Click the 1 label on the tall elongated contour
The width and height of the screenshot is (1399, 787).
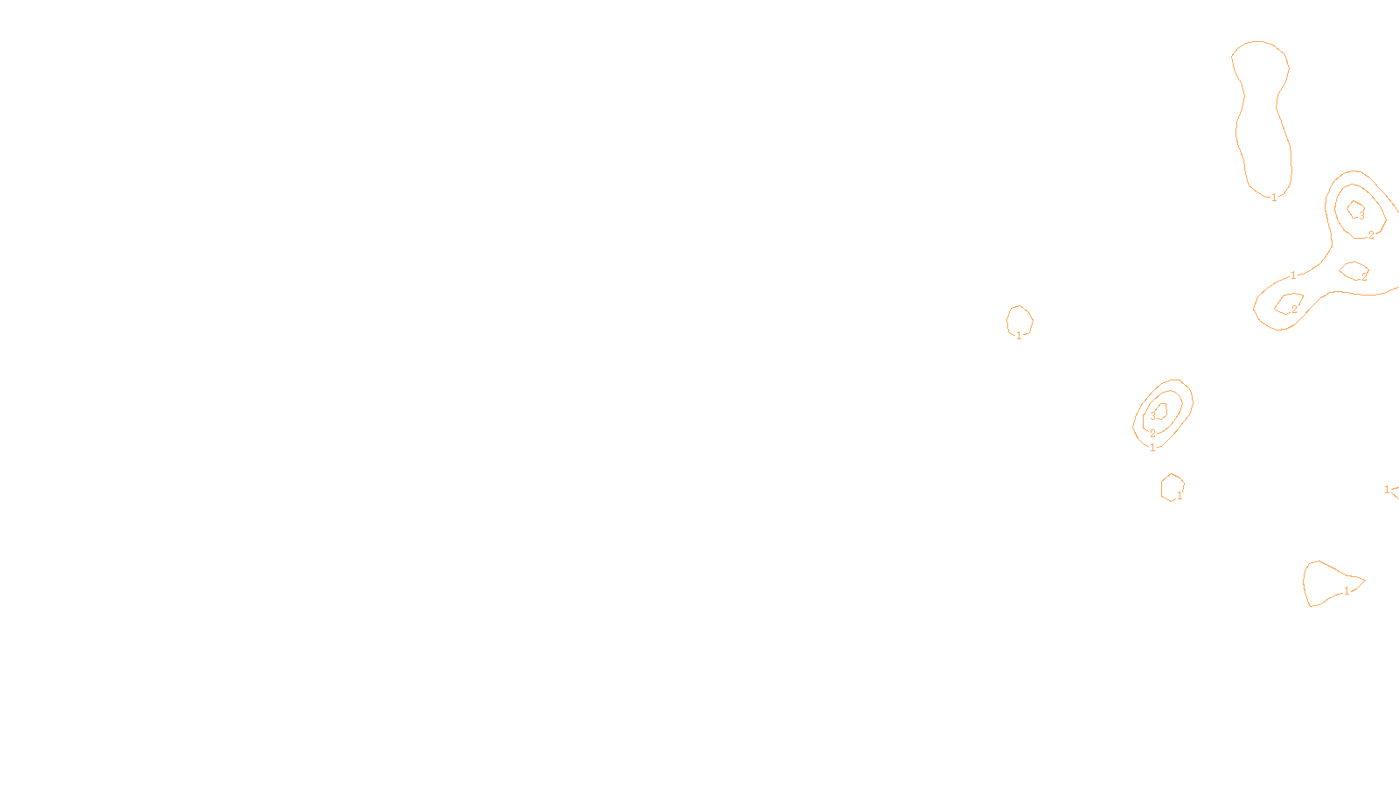pos(1274,198)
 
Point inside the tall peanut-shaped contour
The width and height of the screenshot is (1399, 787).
pos(1262,114)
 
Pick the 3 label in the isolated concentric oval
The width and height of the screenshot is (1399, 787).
pos(1152,416)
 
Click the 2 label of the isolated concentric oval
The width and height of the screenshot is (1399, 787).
pos(1152,434)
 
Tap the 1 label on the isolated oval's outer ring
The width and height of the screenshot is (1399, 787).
pos(1152,448)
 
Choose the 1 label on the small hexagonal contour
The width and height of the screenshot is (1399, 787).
pos(1180,496)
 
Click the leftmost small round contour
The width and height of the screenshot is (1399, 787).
pos(1020,319)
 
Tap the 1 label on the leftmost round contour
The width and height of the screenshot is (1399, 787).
pos(1019,336)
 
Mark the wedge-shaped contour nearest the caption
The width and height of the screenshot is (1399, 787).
pos(1325,582)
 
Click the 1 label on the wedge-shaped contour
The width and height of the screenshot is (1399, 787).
pos(1347,591)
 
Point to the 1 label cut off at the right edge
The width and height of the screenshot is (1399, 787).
pos(1387,490)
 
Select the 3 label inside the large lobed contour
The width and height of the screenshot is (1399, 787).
pos(1361,216)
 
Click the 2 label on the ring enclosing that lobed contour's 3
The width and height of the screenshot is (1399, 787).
pos(1371,235)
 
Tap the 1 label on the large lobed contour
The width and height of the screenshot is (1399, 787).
pos(1293,275)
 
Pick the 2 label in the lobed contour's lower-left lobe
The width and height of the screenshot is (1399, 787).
pos(1294,310)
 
